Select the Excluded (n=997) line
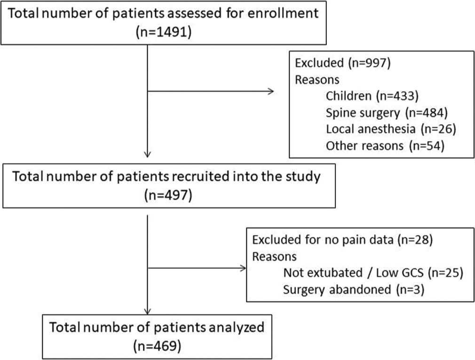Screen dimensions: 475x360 coord(343,63)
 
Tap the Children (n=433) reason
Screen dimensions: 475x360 coord(372,96)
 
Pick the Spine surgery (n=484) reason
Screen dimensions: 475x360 coord(387,113)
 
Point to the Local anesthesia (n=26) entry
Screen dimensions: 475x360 coord(391,129)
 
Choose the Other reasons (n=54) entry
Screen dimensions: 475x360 coord(385,146)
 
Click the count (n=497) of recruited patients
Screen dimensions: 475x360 coord(168,195)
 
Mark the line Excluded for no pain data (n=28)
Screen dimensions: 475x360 coord(342,240)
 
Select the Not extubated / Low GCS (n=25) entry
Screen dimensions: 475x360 coord(373,273)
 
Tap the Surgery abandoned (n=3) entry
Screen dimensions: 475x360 coord(354,290)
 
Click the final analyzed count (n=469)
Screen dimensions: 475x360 coord(157,346)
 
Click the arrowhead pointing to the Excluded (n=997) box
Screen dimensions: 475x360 coord(271,91)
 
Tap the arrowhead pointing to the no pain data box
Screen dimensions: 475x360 coord(243,268)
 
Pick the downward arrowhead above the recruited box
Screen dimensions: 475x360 coord(147,155)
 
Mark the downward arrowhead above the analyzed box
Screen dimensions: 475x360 coord(147,311)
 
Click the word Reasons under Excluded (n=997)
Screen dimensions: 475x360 coord(317,79)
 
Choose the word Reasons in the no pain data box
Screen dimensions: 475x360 coord(274,257)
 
